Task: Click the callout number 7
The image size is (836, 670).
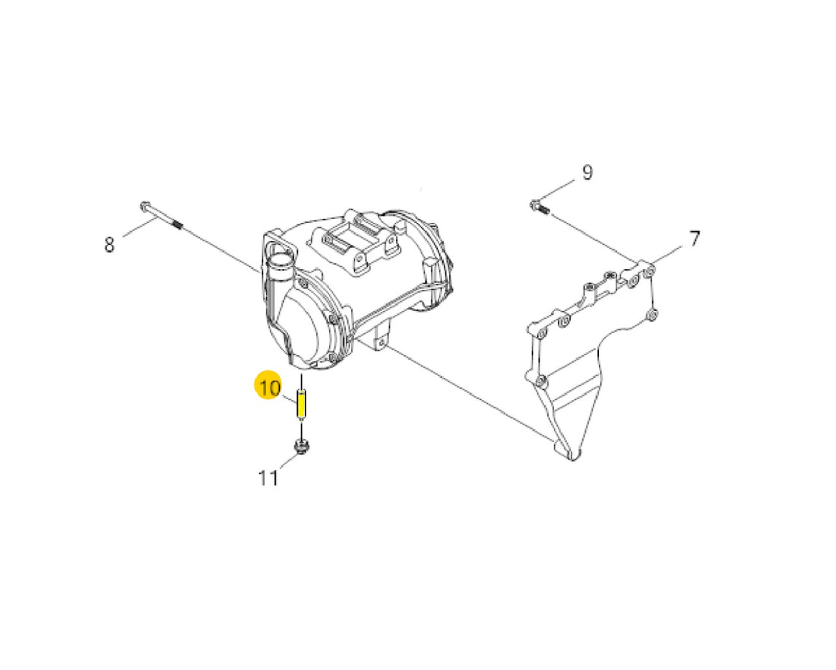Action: [x=694, y=239]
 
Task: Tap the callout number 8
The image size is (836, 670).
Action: [x=109, y=245]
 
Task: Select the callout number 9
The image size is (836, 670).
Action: [x=587, y=173]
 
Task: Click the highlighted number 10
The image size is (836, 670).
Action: [x=270, y=387]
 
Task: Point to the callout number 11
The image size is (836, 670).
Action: [x=268, y=478]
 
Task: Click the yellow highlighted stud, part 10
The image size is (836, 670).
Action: [x=302, y=405]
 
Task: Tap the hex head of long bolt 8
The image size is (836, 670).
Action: [x=145, y=206]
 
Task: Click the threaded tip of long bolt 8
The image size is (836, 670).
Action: [x=178, y=225]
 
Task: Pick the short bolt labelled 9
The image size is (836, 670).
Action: [x=539, y=206]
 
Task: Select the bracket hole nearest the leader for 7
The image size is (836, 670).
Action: [x=649, y=273]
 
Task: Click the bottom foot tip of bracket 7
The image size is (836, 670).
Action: [x=572, y=456]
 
